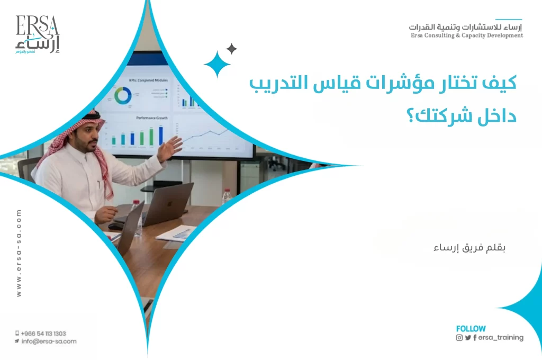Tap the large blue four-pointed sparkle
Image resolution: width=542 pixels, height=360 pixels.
pos(218,65)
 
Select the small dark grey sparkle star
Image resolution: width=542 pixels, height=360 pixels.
pos(231,49)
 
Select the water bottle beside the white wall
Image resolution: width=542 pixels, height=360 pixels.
pos(227,196)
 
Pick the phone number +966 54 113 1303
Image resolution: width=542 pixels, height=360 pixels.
pos(43,334)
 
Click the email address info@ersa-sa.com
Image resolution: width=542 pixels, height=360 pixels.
pos(49,341)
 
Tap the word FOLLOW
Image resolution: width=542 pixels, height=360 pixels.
pos(471,329)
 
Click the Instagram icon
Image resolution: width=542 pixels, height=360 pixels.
pos(459,337)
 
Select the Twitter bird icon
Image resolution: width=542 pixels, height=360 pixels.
pos(468,337)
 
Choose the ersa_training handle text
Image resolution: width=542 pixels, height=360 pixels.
pos(500,337)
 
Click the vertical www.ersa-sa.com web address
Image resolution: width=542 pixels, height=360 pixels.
pos(20,253)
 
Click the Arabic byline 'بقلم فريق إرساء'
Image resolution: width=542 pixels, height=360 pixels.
pos(469,248)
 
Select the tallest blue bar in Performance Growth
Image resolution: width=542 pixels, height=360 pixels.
pos(161,134)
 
